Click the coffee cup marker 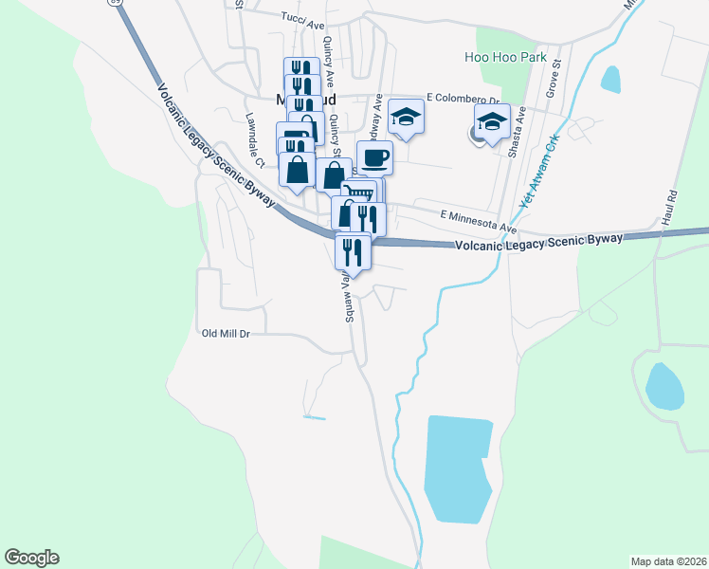click(374, 157)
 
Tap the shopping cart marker click(359, 193)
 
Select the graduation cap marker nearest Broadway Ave click(406, 118)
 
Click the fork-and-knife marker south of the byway click(351, 252)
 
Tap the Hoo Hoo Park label click(505, 58)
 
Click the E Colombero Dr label click(463, 99)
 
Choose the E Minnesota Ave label click(478, 221)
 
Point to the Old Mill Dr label click(226, 334)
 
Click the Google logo click(31, 558)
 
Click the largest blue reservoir click(458, 468)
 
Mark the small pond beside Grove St click(610, 80)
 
